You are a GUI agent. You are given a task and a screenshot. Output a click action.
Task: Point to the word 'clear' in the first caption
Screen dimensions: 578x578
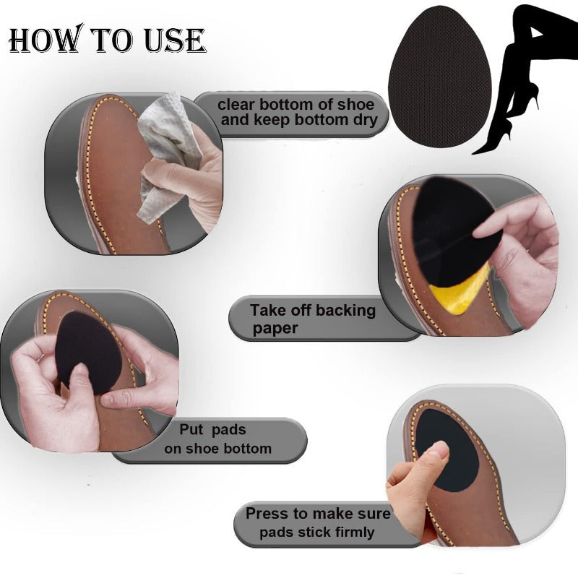pyautogui.click(x=236, y=105)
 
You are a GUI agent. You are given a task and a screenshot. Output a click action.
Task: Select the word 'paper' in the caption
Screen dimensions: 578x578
pyautogui.click(x=275, y=329)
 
